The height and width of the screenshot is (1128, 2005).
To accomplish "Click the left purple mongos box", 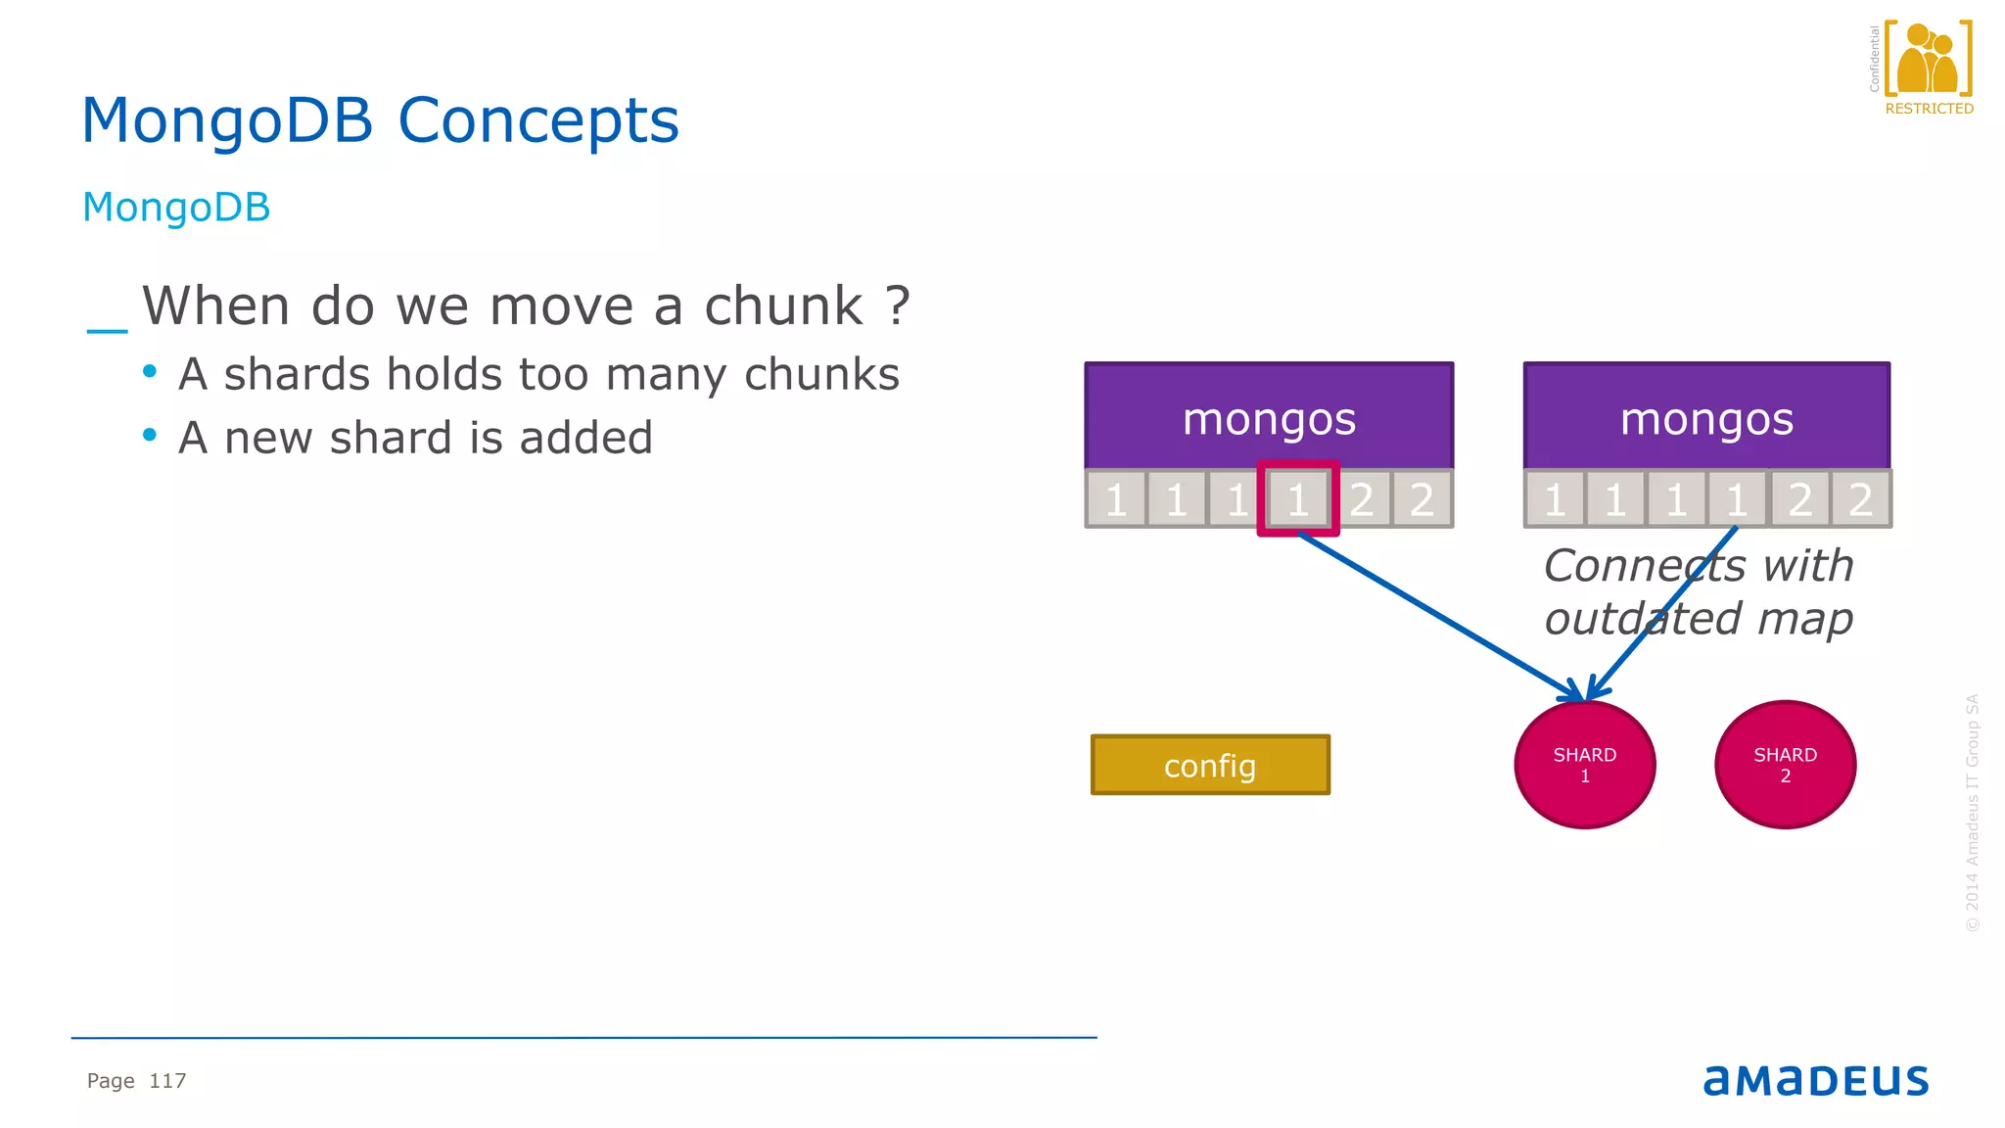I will pyautogui.click(x=1269, y=416).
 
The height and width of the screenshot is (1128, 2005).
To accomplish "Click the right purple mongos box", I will pyautogui.click(x=1706, y=416).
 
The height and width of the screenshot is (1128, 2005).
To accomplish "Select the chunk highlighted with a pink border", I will pyautogui.click(x=1298, y=499).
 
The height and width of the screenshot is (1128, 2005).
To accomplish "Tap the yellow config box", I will pyautogui.click(x=1210, y=765).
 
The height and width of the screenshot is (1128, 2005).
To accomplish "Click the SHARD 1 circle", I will pyautogui.click(x=1584, y=765).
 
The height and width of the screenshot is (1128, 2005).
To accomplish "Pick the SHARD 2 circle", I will pyautogui.click(x=1785, y=765).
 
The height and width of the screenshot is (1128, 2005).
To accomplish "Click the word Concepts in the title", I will pyautogui.click(x=537, y=120).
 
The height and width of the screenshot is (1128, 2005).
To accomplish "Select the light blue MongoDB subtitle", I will pyautogui.click(x=176, y=208).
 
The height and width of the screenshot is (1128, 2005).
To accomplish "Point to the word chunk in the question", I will pyautogui.click(x=783, y=305).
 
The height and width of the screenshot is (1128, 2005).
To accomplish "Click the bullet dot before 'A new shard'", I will pyautogui.click(x=150, y=435).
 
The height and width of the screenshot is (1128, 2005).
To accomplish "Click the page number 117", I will pyautogui.click(x=167, y=1081).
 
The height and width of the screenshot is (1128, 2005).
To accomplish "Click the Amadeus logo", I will pyautogui.click(x=1815, y=1080).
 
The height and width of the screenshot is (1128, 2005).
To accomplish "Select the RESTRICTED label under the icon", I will pyautogui.click(x=1929, y=109).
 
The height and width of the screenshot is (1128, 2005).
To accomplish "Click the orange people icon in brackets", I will pyautogui.click(x=1927, y=59).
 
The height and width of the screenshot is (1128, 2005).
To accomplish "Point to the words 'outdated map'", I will pyautogui.click(x=1698, y=619).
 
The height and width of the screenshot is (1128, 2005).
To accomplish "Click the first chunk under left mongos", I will pyautogui.click(x=1116, y=499).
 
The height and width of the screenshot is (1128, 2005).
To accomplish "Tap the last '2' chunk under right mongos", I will pyautogui.click(x=1860, y=499).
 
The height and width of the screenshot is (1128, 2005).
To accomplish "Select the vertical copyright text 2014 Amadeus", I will pyautogui.click(x=1972, y=813).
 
